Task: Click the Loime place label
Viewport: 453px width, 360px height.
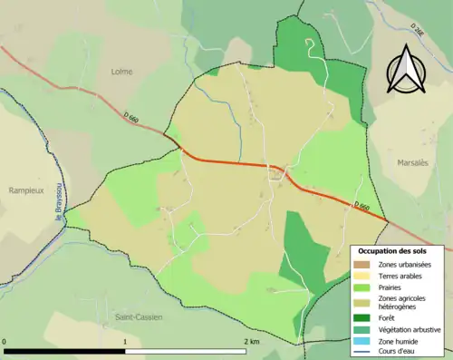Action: (x=121, y=72)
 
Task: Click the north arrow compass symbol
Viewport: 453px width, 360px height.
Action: (x=406, y=68)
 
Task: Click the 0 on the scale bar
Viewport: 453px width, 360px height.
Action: (x=5, y=341)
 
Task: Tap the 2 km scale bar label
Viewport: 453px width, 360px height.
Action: (x=252, y=341)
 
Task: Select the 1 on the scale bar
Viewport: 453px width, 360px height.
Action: (x=124, y=341)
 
